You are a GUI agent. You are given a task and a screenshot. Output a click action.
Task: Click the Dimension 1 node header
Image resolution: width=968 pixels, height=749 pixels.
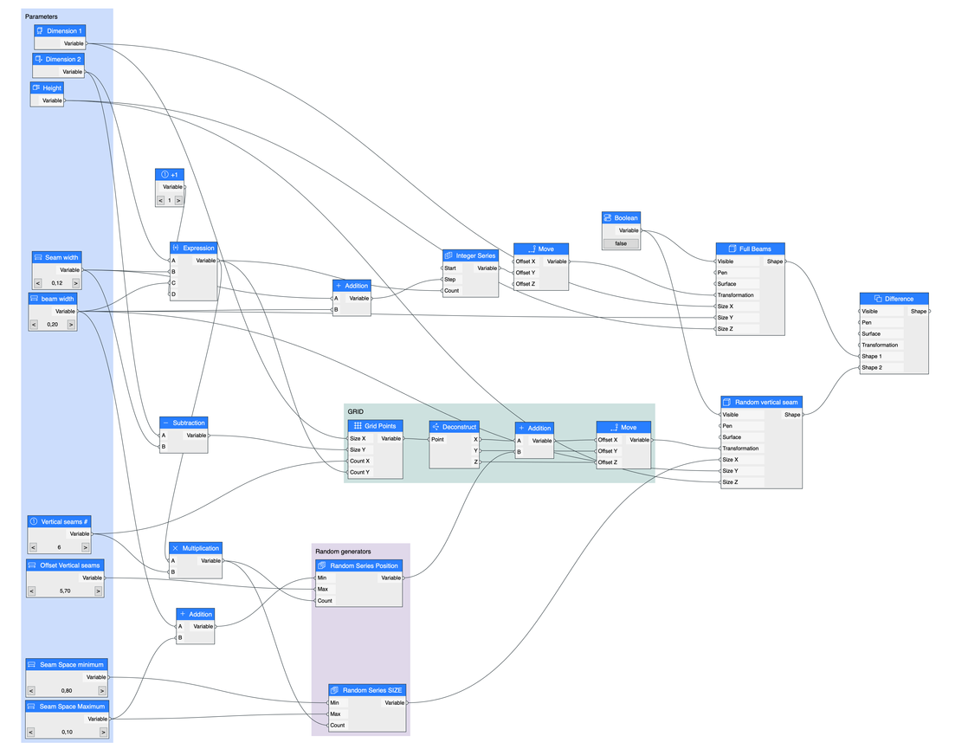click(x=60, y=31)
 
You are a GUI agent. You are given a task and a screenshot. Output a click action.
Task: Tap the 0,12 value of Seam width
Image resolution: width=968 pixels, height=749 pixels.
click(x=57, y=283)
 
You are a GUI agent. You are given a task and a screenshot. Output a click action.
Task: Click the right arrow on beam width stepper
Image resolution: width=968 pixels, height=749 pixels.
click(x=71, y=325)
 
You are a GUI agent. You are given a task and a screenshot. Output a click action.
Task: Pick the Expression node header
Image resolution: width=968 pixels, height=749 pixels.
click(x=193, y=248)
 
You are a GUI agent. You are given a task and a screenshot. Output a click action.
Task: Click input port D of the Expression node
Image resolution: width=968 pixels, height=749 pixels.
click(x=172, y=294)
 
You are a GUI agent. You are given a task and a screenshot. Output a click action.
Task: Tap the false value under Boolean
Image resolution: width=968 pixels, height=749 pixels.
click(x=621, y=244)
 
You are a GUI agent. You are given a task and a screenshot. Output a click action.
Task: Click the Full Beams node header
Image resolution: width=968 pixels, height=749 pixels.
click(x=750, y=249)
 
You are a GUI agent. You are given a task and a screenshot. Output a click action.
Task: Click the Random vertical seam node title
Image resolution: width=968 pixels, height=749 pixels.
click(x=761, y=402)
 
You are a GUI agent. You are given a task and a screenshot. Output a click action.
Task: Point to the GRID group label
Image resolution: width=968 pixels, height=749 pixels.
click(x=355, y=411)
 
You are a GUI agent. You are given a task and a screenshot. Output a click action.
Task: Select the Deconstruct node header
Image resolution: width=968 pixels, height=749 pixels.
click(x=455, y=426)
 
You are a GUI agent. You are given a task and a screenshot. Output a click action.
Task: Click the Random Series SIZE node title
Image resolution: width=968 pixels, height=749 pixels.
click(x=366, y=690)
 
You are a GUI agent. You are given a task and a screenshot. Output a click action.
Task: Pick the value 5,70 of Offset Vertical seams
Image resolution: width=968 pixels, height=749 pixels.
click(x=65, y=591)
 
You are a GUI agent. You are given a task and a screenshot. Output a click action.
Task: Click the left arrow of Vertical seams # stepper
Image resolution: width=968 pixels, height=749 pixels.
click(x=33, y=547)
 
